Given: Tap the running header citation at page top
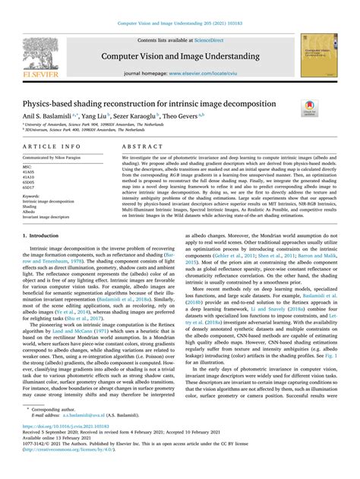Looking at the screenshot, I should (179, 13).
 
